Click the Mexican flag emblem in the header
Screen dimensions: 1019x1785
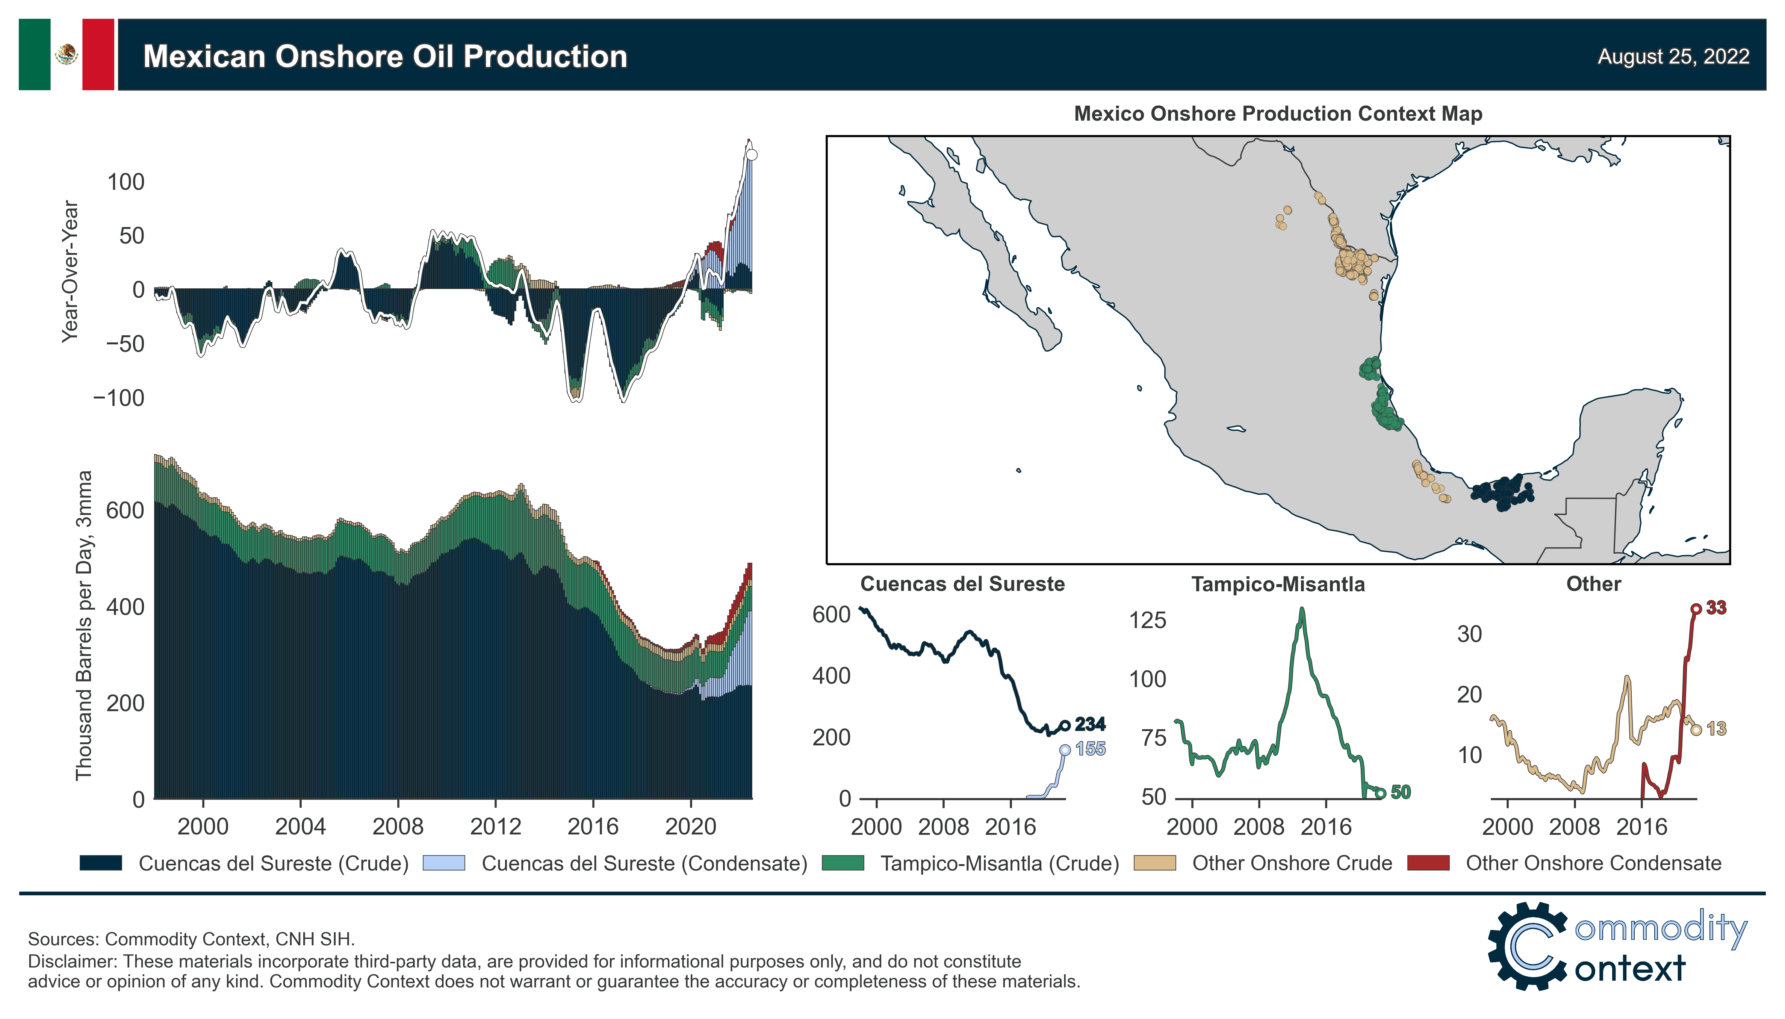click(67, 54)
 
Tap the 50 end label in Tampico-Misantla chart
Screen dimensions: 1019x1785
click(1400, 792)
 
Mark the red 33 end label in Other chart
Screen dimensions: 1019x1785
click(1716, 607)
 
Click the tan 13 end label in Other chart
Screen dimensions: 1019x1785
click(1716, 728)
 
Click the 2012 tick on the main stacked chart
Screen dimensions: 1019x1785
click(495, 827)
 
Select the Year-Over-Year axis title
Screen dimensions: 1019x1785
click(70, 271)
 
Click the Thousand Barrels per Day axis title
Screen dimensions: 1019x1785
click(83, 625)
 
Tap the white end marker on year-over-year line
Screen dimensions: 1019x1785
click(752, 154)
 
